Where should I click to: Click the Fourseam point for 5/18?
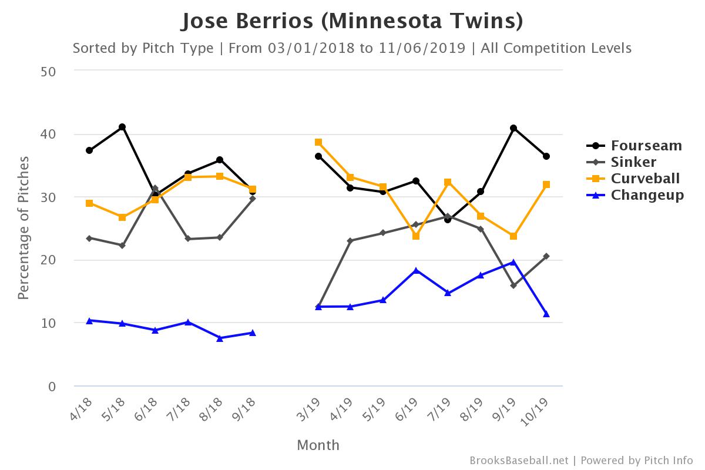click(x=122, y=127)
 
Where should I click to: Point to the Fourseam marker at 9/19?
click(x=513, y=128)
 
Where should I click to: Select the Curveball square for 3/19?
click(x=318, y=142)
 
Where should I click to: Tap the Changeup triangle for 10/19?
click(x=546, y=314)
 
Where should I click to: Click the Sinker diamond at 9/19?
click(x=513, y=286)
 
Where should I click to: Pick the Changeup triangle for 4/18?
click(x=89, y=321)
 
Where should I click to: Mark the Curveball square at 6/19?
click(x=416, y=236)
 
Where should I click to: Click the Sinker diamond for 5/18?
click(x=122, y=246)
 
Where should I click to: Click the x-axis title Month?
click(x=318, y=445)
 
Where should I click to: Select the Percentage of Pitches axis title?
click(x=23, y=228)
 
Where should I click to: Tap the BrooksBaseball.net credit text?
click(x=519, y=461)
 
